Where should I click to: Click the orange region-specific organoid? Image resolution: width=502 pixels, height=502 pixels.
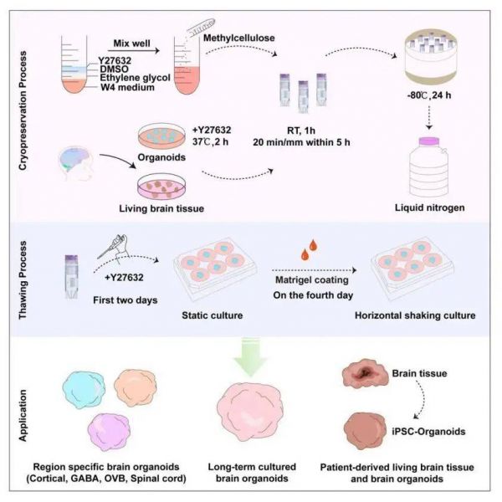click(x=146, y=385)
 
